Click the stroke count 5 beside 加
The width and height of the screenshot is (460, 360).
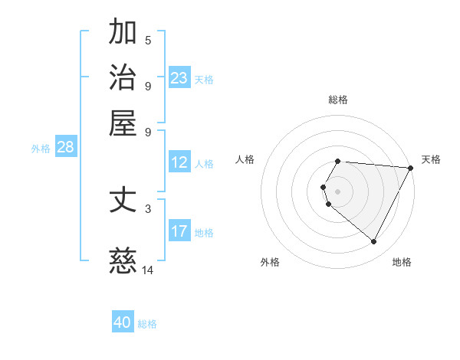tap(148, 40)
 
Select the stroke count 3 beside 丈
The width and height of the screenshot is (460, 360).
tap(148, 208)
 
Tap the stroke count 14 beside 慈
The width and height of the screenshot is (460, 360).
tap(148, 270)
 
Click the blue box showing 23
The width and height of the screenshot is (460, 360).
tap(179, 78)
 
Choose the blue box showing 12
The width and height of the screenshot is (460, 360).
tap(179, 162)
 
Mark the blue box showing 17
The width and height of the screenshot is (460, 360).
tap(179, 231)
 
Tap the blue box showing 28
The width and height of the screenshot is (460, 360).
tap(65, 148)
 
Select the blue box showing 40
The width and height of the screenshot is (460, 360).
tap(123, 322)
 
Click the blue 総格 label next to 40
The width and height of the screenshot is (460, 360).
tap(147, 324)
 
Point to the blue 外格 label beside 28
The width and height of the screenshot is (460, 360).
tap(41, 149)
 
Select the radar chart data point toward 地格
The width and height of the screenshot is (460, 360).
tap(374, 242)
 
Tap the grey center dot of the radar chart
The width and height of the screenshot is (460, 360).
tap(338, 191)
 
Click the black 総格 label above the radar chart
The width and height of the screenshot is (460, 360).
tap(338, 100)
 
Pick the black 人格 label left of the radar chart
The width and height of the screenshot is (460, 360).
tap(245, 159)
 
